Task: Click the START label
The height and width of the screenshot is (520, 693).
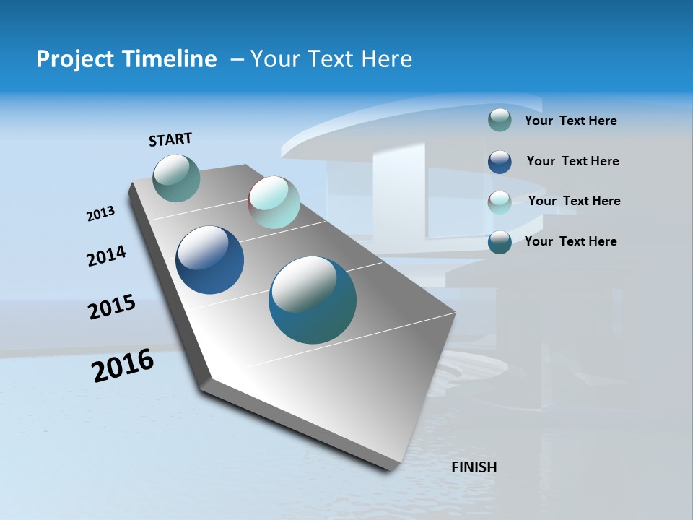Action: click(170, 139)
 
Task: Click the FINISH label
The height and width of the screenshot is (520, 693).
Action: click(474, 467)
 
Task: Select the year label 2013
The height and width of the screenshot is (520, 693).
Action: click(101, 214)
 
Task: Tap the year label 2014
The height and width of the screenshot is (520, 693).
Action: click(106, 256)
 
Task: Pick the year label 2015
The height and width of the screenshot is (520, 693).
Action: click(112, 307)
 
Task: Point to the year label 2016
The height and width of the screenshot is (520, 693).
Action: click(123, 365)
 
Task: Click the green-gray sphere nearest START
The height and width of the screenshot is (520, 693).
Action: click(177, 178)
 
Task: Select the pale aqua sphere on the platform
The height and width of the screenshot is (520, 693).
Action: click(274, 203)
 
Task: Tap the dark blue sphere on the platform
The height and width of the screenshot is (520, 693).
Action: click(210, 260)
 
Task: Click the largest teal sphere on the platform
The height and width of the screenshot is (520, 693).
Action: click(313, 300)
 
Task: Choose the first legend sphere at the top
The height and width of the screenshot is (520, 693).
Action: click(500, 120)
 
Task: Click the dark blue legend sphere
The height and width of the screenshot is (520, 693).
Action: click(500, 162)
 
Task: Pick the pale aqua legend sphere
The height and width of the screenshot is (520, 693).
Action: click(500, 202)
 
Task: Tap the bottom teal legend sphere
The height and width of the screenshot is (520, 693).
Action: click(500, 242)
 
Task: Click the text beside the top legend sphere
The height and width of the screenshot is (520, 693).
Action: click(570, 121)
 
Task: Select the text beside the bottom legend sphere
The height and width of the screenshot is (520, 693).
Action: click(570, 241)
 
